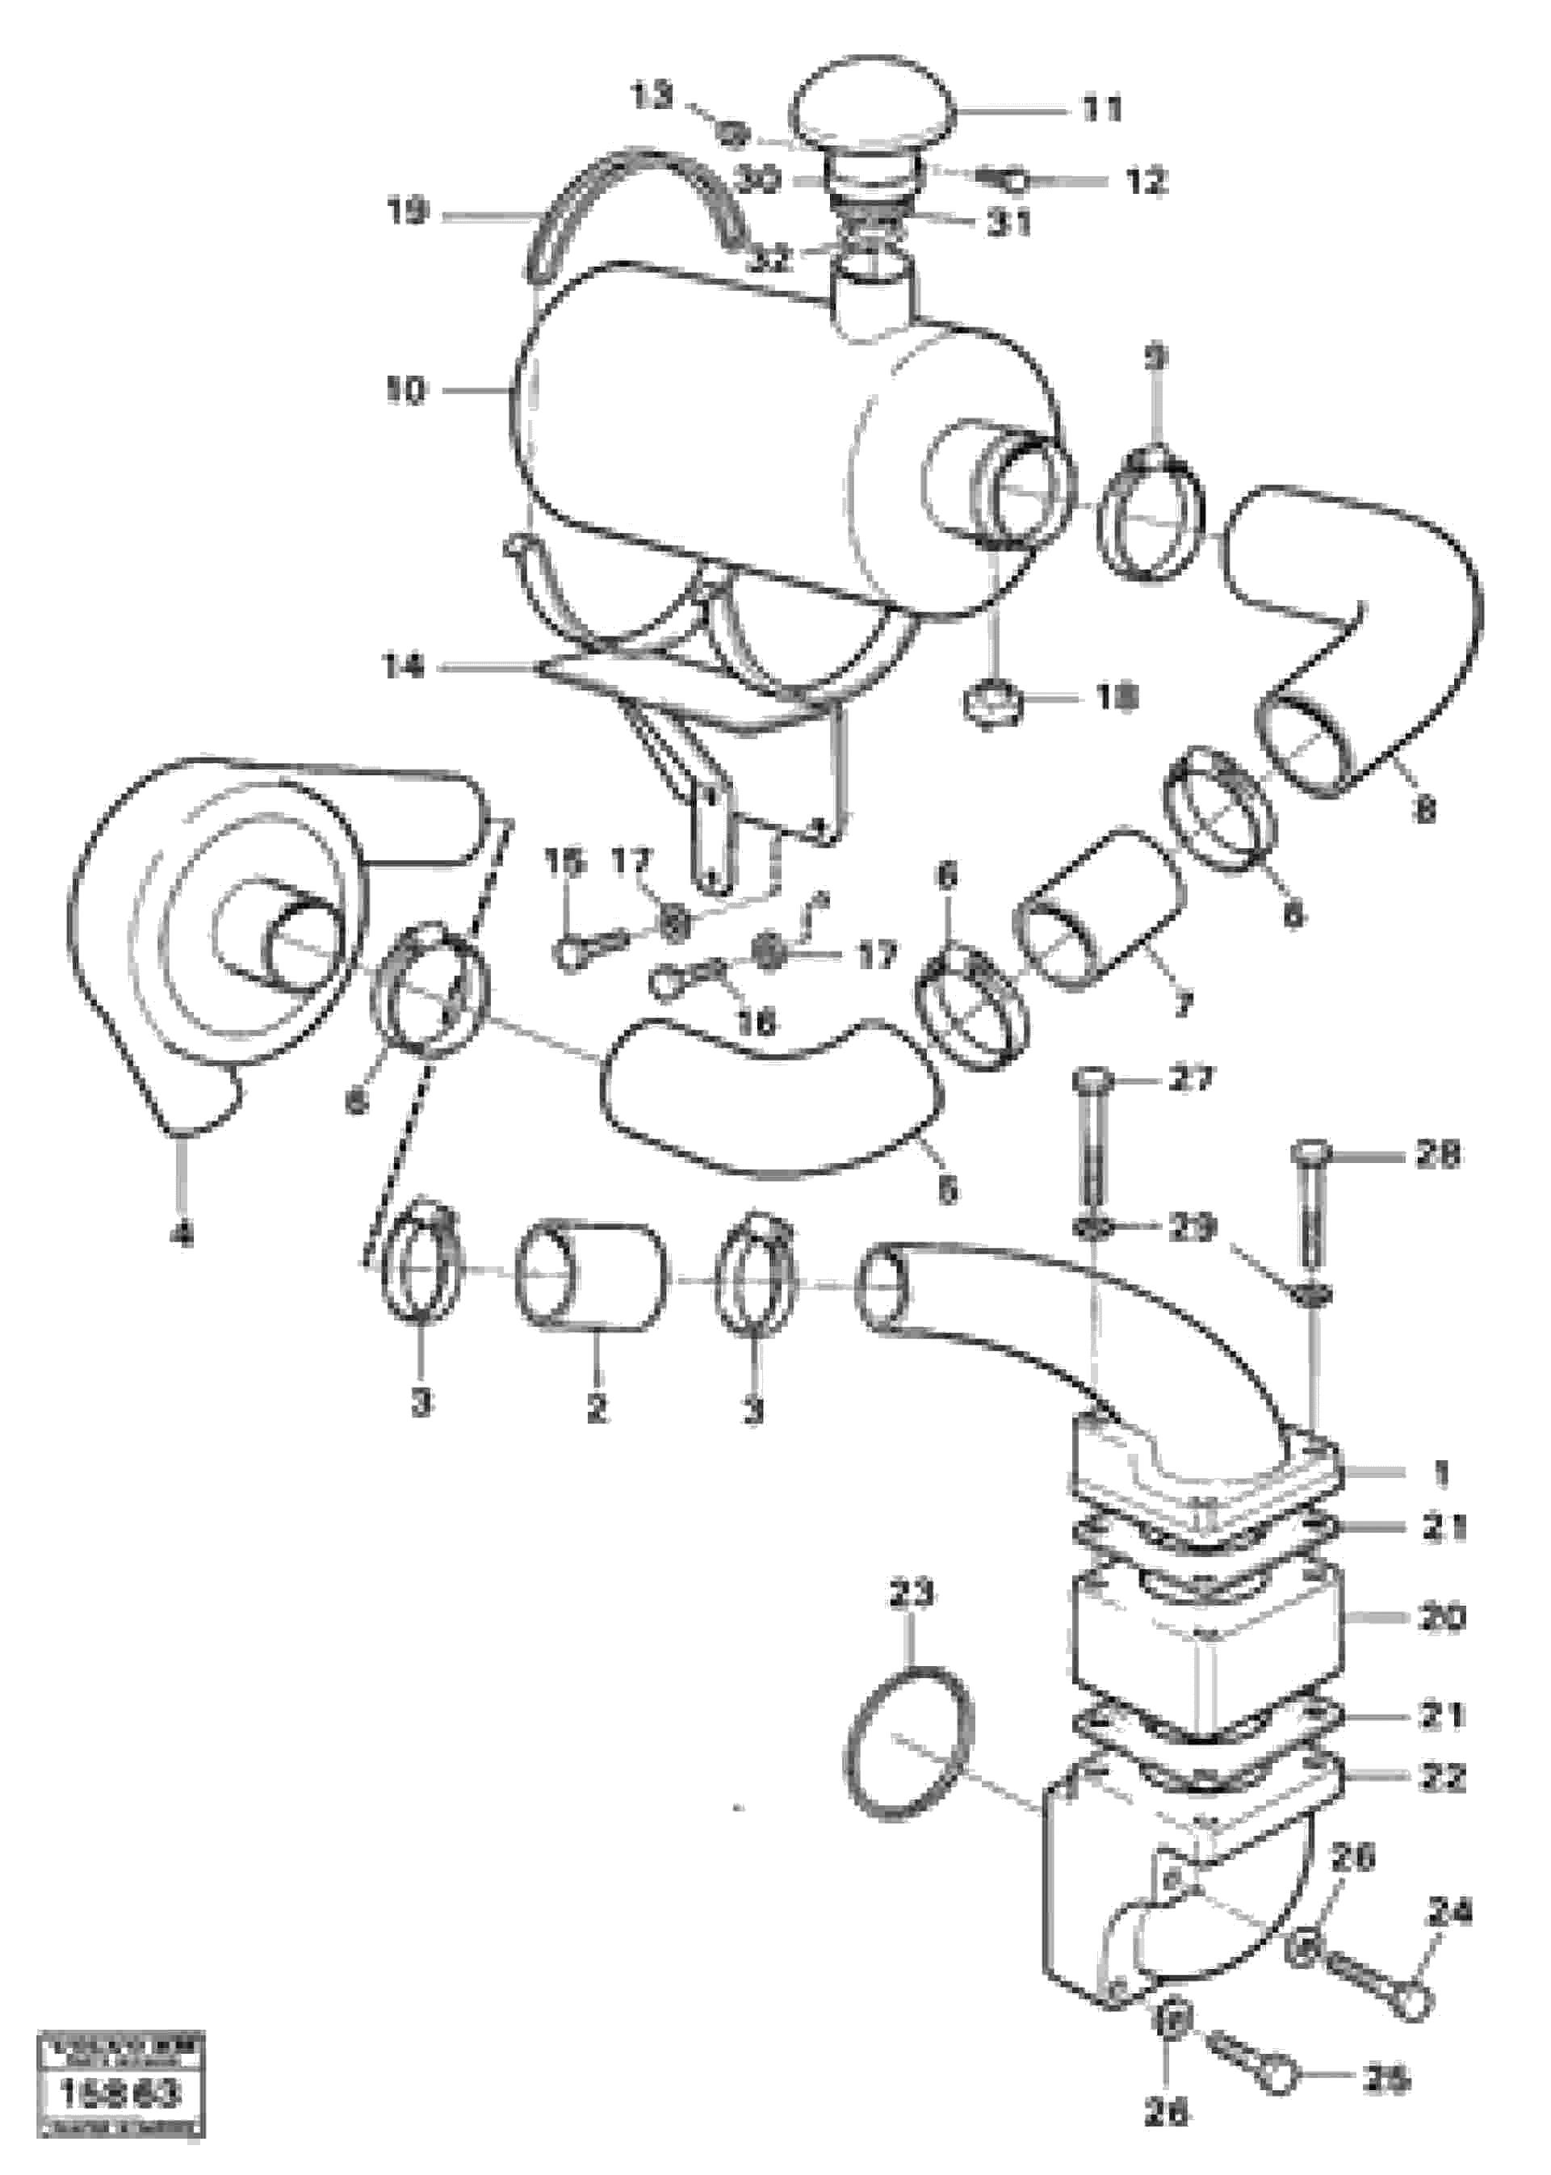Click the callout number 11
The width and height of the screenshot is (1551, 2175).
pos(1102,110)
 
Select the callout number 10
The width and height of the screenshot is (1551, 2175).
pos(407,391)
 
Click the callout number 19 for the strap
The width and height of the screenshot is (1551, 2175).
pos(408,212)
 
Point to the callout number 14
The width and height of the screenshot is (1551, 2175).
pos(404,667)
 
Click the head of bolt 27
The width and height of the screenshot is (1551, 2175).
pos(1092,1082)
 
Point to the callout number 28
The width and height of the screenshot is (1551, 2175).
pos(1437,1157)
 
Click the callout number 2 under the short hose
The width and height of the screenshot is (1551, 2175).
pos(596,1407)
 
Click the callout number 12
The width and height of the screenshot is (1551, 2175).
pos(1146,179)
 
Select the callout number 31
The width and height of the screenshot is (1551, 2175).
pos(1009,223)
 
